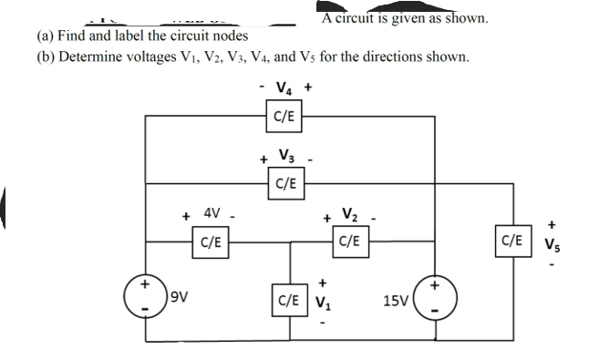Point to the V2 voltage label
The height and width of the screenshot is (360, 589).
(350, 216)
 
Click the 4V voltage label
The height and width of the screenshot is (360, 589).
(211, 215)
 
